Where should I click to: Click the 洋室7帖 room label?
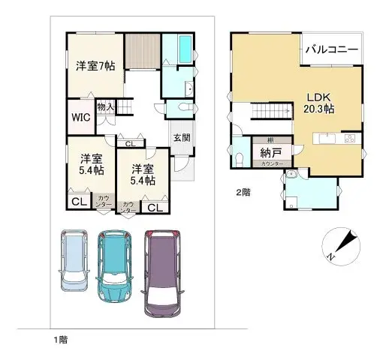[x=95, y=65]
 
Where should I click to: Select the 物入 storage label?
[x=105, y=106]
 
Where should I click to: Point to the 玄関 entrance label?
[x=182, y=137]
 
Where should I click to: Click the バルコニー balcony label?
[x=331, y=50]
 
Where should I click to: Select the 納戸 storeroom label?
[x=271, y=153]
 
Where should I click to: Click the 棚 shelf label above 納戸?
[x=269, y=139]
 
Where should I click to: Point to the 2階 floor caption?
[x=242, y=192]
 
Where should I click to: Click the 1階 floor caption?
[x=61, y=340]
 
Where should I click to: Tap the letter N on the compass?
[x=331, y=256]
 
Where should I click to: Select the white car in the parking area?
[x=75, y=259]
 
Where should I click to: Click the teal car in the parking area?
[x=115, y=265]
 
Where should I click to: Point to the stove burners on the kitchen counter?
[x=350, y=139]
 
